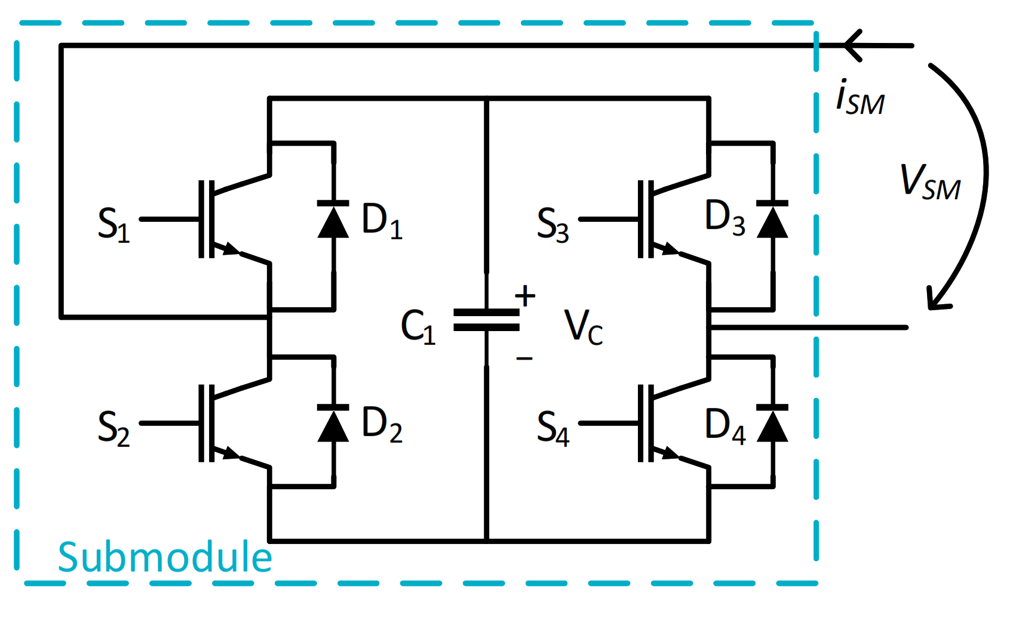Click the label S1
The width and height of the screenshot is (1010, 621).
(113, 225)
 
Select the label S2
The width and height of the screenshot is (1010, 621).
(113, 428)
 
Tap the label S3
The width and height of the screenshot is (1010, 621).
(552, 225)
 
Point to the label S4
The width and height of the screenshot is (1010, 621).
(552, 428)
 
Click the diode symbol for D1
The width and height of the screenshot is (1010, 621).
(333, 220)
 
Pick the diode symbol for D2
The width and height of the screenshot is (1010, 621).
(333, 424)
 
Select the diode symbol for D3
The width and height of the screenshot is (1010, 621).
(772, 220)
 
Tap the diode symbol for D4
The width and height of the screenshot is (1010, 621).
(772, 424)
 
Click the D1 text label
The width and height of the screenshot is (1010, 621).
(381, 220)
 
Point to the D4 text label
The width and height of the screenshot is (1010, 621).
(725, 425)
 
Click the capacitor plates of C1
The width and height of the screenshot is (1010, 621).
(486, 320)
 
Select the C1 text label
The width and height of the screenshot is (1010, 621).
(417, 327)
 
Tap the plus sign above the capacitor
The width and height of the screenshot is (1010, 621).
(525, 296)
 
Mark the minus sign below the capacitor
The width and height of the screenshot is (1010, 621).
(524, 359)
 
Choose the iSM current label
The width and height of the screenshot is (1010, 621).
(859, 98)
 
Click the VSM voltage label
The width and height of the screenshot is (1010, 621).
(929, 182)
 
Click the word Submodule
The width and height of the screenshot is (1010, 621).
(165, 557)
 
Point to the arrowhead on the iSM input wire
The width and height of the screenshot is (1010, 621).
(853, 45)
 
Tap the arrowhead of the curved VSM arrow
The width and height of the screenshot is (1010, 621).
(935, 302)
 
